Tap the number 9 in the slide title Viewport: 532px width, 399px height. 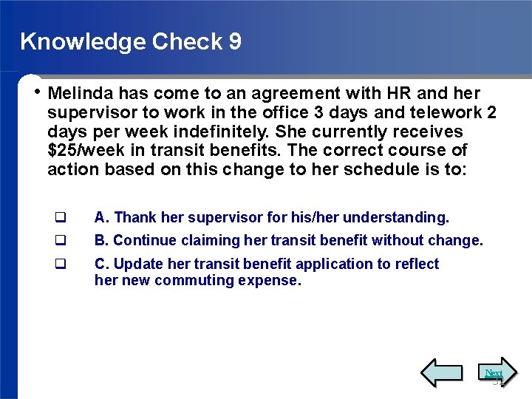tap(235, 41)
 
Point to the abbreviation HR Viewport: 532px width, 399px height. tap(398, 94)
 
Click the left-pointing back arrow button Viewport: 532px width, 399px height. tap(441, 372)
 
